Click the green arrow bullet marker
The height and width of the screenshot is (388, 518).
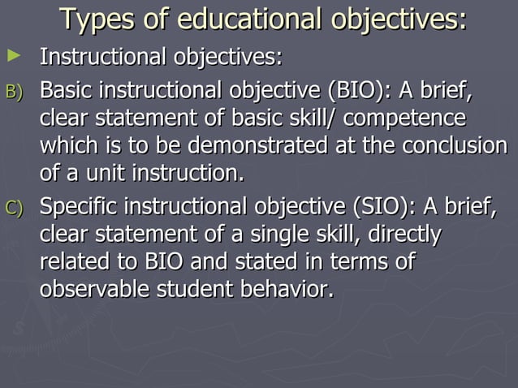click(x=12, y=56)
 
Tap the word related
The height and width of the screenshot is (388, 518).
click(x=71, y=263)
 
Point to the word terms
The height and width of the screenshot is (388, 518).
click(x=355, y=263)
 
